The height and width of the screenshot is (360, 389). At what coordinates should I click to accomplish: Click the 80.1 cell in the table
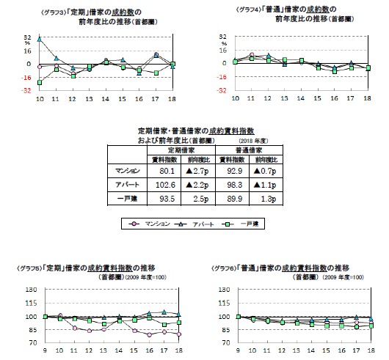161,172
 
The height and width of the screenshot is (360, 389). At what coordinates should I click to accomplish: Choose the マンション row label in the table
128,172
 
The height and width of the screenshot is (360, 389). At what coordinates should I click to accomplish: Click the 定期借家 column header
178,148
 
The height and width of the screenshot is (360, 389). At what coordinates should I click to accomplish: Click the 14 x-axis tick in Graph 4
302,98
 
